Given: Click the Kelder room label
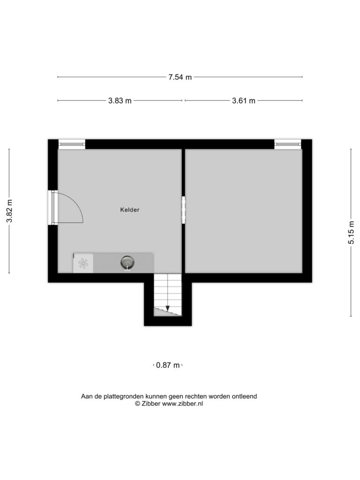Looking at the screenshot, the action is pyautogui.click(x=130, y=210).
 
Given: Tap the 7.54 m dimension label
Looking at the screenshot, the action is pyautogui.click(x=180, y=77).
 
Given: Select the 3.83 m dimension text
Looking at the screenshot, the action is pyautogui.click(x=120, y=101).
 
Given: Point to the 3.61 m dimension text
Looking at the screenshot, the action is pyautogui.click(x=243, y=101).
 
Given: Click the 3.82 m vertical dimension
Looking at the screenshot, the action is pyautogui.click(x=9, y=211).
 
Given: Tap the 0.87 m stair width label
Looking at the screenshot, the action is pyautogui.click(x=168, y=365).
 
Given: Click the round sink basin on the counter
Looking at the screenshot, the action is pyautogui.click(x=127, y=262).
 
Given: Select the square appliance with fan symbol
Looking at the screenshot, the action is pyautogui.click(x=83, y=263).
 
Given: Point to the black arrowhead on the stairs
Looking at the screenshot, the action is pyautogui.click(x=167, y=308).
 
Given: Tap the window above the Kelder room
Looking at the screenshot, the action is pyautogui.click(x=72, y=143).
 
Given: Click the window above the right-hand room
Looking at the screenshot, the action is pyautogui.click(x=288, y=143).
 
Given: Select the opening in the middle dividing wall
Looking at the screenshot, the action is pyautogui.click(x=184, y=210).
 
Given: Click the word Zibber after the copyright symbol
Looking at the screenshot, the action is pyautogui.click(x=150, y=404).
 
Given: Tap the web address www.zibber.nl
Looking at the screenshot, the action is pyautogui.click(x=182, y=404).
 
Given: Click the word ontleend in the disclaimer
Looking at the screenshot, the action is pyautogui.click(x=244, y=397).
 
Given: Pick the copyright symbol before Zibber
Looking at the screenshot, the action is pyautogui.click(x=137, y=404).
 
